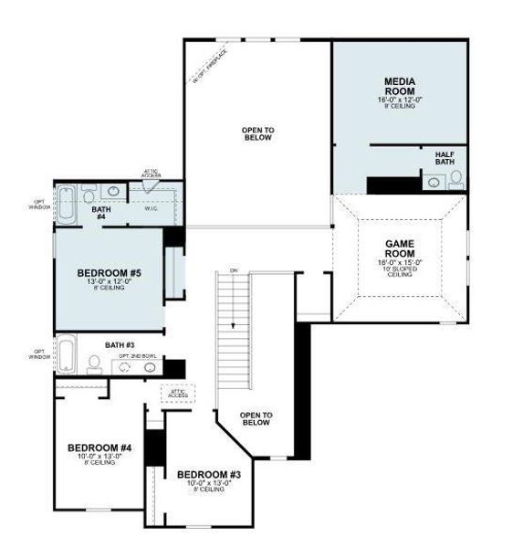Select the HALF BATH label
[x=445, y=157]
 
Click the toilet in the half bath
[x=455, y=179]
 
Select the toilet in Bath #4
[x=89, y=193]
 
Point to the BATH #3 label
[x=119, y=344]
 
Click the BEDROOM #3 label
[x=209, y=475]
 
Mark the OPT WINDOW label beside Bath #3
[x=39, y=353]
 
